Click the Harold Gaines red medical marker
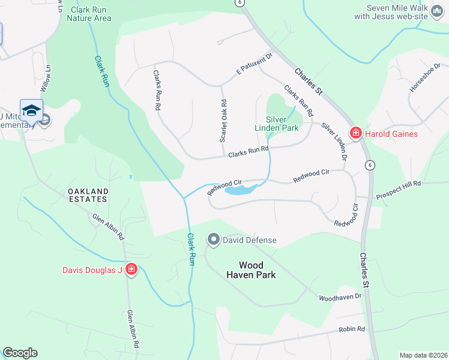click(355, 133)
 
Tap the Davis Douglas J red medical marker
click(131, 270)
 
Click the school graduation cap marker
click(31, 111)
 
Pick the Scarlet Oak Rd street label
click(223, 120)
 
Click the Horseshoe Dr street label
click(425, 77)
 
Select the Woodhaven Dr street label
click(340, 297)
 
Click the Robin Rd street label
click(352, 329)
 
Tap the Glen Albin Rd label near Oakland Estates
click(108, 227)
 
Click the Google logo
click(20, 353)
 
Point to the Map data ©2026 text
click(423, 355)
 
